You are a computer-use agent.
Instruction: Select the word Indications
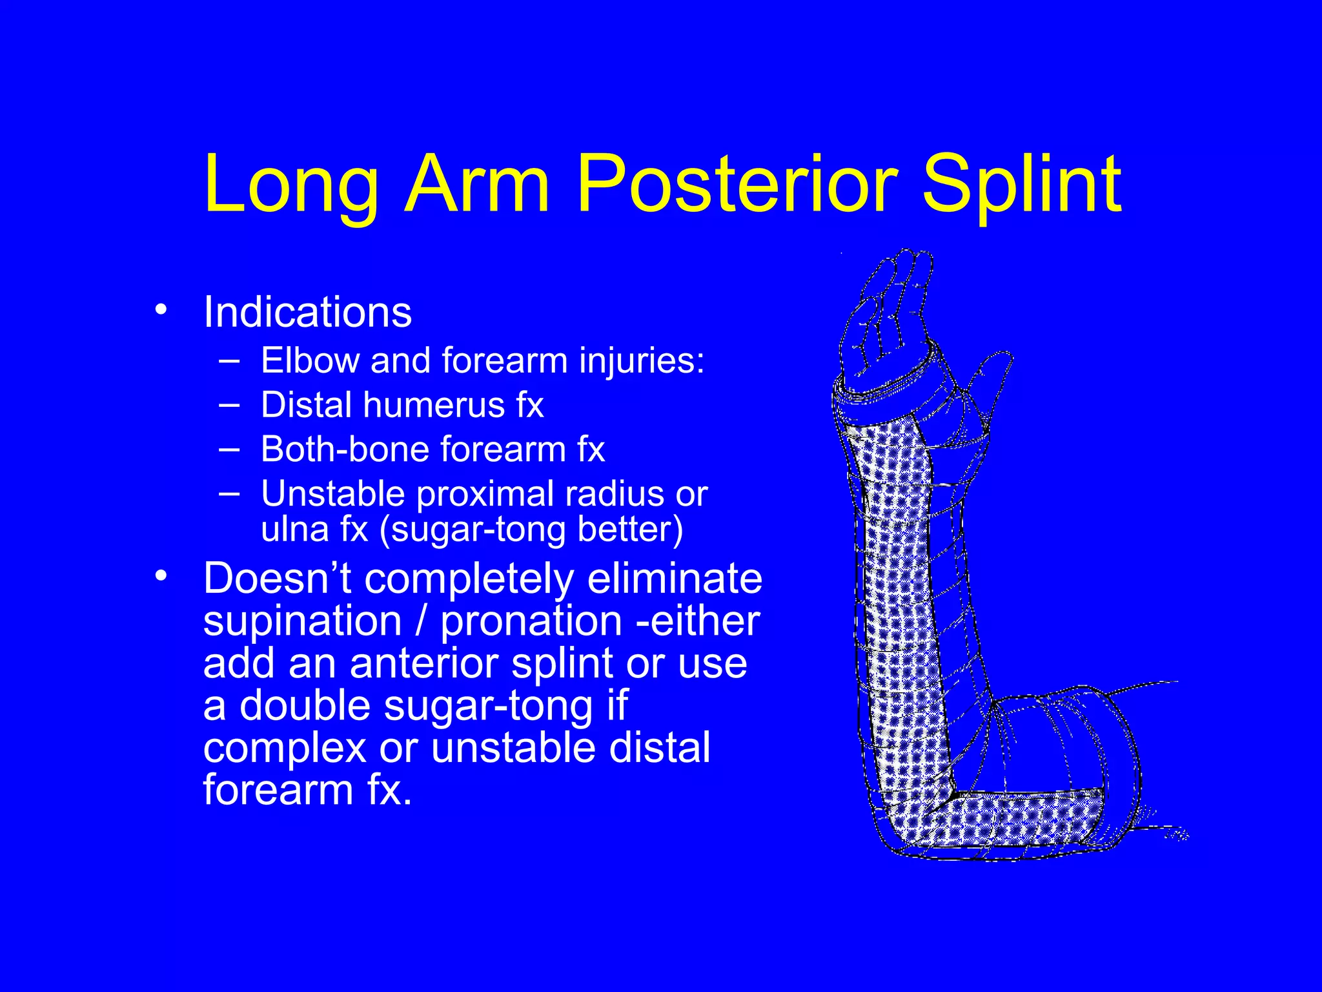click(x=307, y=313)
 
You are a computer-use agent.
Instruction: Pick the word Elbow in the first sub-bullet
click(x=310, y=360)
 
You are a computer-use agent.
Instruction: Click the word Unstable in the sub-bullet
click(x=332, y=494)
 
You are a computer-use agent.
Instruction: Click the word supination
click(x=303, y=621)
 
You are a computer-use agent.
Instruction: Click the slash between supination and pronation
click(x=422, y=621)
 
